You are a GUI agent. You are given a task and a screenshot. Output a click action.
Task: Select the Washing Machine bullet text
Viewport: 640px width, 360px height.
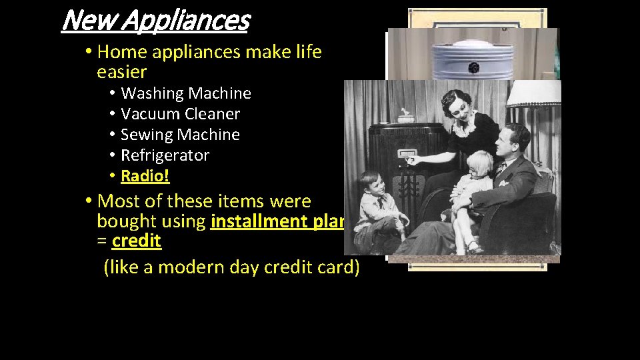pyautogui.click(x=186, y=93)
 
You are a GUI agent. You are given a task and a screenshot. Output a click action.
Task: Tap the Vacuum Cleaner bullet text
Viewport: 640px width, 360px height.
pyautogui.click(x=180, y=114)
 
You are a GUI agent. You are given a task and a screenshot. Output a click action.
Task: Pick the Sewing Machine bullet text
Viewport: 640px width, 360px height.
pyautogui.click(x=180, y=135)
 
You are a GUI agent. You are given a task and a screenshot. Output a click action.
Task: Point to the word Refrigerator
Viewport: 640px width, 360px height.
pyautogui.click(x=165, y=155)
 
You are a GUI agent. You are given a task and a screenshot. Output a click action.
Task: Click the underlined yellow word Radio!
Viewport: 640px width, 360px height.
pyautogui.click(x=145, y=176)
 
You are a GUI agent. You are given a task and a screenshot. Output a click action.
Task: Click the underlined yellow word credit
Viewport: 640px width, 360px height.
pyautogui.click(x=137, y=241)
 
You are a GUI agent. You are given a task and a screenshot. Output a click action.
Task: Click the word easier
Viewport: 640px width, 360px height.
pyautogui.click(x=122, y=71)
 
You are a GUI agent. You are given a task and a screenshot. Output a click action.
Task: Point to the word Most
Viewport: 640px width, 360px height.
pyautogui.click(x=118, y=201)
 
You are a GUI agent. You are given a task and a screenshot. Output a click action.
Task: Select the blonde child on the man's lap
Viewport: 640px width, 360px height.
pyautogui.click(x=475, y=193)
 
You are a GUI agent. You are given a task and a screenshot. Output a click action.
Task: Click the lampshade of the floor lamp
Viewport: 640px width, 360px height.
pyautogui.click(x=533, y=94)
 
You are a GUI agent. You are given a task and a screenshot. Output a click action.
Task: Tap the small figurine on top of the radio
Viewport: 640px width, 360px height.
pyautogui.click(x=405, y=117)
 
